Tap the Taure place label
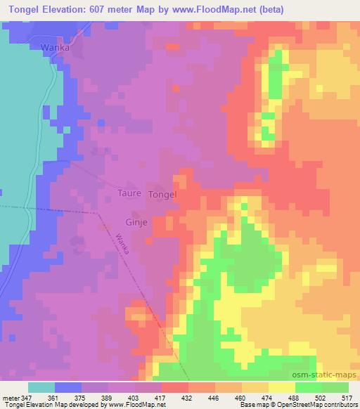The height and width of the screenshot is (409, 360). pyautogui.click(x=129, y=193)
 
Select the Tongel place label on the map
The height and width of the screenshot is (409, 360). pyautogui.click(x=162, y=194)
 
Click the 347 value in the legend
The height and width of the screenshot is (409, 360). pyautogui.click(x=28, y=397)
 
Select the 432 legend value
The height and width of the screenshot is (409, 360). pyautogui.click(x=188, y=397)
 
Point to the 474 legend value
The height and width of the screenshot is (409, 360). pyautogui.click(x=268, y=397)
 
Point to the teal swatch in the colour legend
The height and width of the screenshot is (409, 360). pyautogui.click(x=41, y=387)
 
